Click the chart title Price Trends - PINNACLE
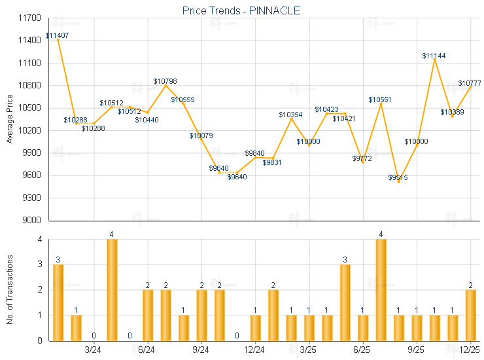[241, 11]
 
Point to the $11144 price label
[434, 56]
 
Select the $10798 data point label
[165, 81]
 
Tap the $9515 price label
[398, 177]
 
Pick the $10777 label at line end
[470, 83]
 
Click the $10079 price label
[201, 135]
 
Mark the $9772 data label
[362, 158]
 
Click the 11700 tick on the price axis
[31, 18]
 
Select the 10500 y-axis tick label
[31, 108]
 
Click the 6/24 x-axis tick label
[147, 350]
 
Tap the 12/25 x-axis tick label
[470, 350]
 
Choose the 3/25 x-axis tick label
[309, 350]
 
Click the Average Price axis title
[10, 119]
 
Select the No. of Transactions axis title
[10, 290]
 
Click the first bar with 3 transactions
[58, 302]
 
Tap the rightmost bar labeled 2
[470, 315]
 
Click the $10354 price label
[290, 115]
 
